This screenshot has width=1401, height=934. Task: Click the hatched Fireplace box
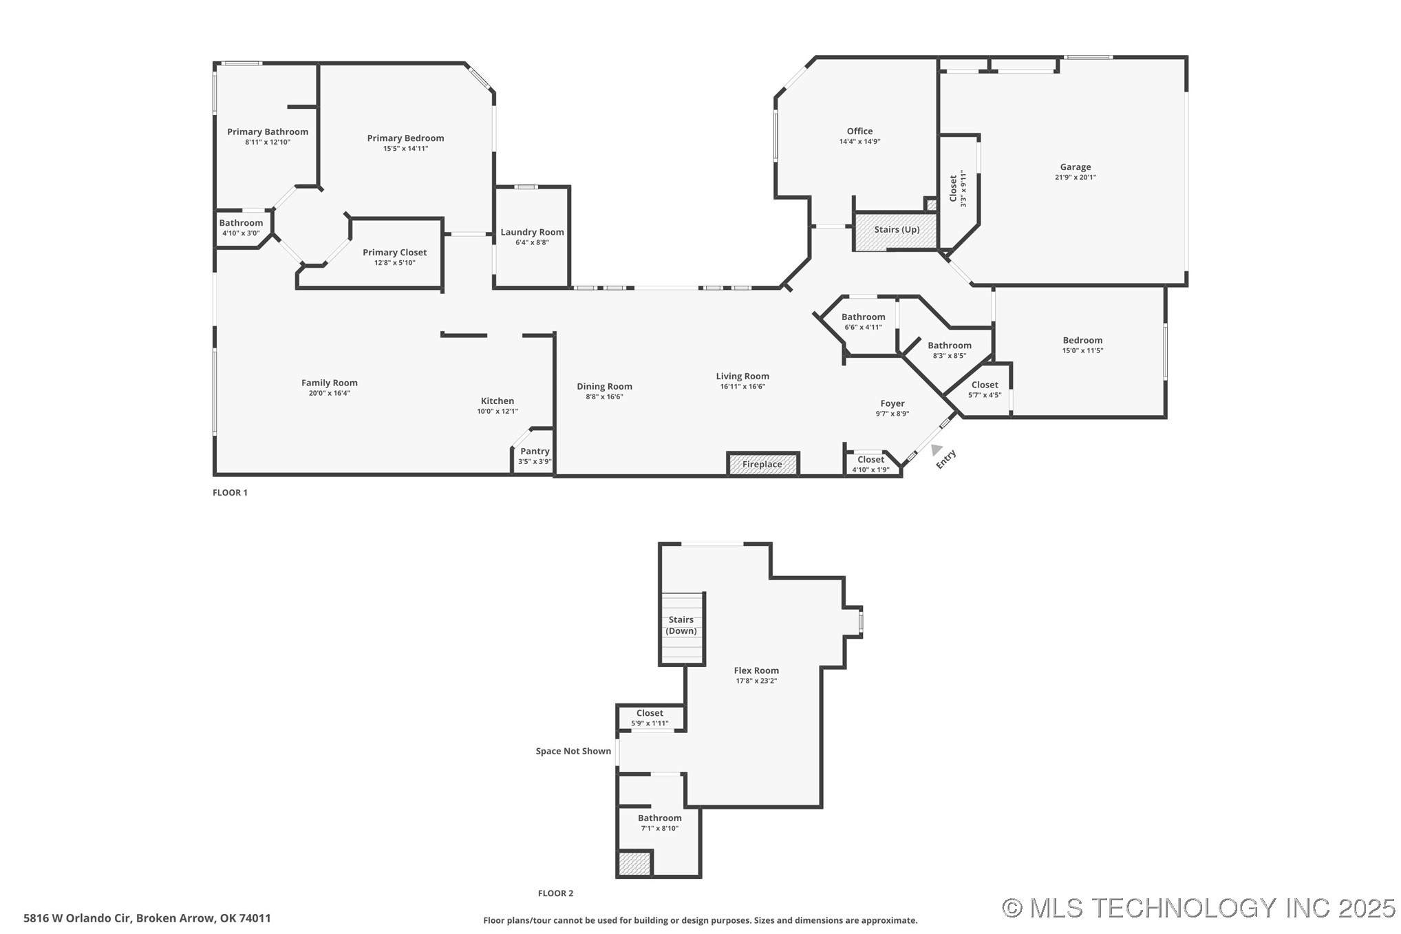click(x=762, y=464)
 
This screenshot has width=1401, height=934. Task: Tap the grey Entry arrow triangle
click(x=936, y=449)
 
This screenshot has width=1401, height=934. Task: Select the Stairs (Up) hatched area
click(x=896, y=231)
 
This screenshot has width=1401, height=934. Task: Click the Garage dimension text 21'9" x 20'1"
click(x=1075, y=177)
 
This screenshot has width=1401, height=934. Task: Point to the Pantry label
click(x=535, y=452)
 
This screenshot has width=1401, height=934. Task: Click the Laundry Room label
click(x=532, y=232)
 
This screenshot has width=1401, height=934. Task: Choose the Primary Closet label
click(x=394, y=253)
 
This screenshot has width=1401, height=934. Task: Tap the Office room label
click(x=859, y=131)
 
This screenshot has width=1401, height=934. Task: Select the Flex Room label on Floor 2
click(x=756, y=670)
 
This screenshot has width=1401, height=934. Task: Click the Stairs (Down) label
click(x=681, y=625)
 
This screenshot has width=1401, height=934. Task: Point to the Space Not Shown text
click(x=573, y=751)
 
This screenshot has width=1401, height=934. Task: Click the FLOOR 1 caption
click(x=230, y=493)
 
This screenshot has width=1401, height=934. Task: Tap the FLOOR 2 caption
click(x=555, y=893)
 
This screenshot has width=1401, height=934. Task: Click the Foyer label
click(x=892, y=404)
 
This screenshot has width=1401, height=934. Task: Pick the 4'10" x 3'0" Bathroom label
click(x=241, y=223)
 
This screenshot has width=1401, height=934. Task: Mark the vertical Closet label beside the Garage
click(x=953, y=188)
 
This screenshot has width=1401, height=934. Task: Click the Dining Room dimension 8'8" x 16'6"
click(x=604, y=396)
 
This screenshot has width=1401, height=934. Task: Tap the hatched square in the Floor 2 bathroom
click(x=634, y=864)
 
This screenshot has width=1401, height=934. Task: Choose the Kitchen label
click(x=497, y=401)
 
